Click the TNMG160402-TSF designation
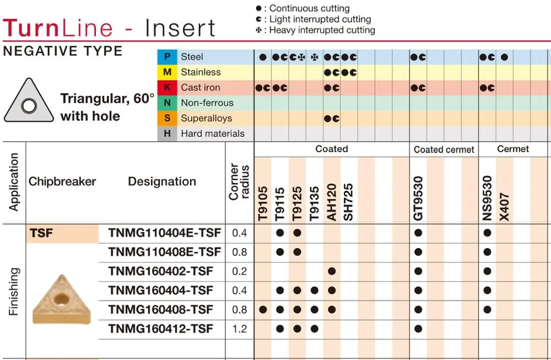(160, 271)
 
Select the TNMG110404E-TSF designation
(164, 233)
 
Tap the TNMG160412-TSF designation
(160, 329)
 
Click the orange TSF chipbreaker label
(42, 233)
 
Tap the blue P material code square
(167, 57)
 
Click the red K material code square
(167, 88)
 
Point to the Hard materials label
(212, 133)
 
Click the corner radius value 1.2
(240, 329)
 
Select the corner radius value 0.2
(240, 271)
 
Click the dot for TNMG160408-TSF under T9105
(263, 310)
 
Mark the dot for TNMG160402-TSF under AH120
(332, 271)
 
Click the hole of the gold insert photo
(61, 299)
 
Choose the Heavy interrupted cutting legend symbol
(259, 30)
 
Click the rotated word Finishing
(14, 291)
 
